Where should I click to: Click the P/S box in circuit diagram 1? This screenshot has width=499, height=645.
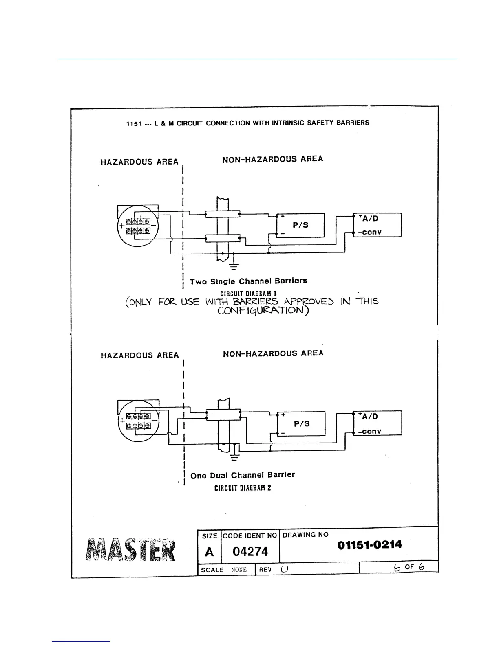[300, 225]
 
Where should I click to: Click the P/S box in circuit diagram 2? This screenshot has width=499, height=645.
[301, 423]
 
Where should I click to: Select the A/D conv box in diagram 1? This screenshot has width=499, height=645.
[377, 225]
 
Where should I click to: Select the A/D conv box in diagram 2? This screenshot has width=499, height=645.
[378, 423]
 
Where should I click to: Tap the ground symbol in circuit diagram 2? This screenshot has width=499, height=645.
[234, 456]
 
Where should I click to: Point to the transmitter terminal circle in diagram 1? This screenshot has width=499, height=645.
[137, 226]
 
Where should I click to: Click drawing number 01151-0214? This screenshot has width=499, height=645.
[369, 545]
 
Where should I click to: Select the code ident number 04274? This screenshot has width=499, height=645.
[250, 552]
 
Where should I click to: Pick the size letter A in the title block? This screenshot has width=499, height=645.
[209, 552]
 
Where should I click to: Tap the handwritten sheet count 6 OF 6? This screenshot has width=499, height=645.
[409, 567]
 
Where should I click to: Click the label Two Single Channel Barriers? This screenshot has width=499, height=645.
[248, 281]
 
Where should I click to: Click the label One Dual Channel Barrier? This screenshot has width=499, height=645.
[242, 475]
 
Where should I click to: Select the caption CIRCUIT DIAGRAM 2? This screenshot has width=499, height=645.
[243, 488]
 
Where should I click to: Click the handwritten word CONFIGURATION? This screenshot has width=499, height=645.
[263, 311]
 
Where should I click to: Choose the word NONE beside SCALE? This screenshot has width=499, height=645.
[239, 570]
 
